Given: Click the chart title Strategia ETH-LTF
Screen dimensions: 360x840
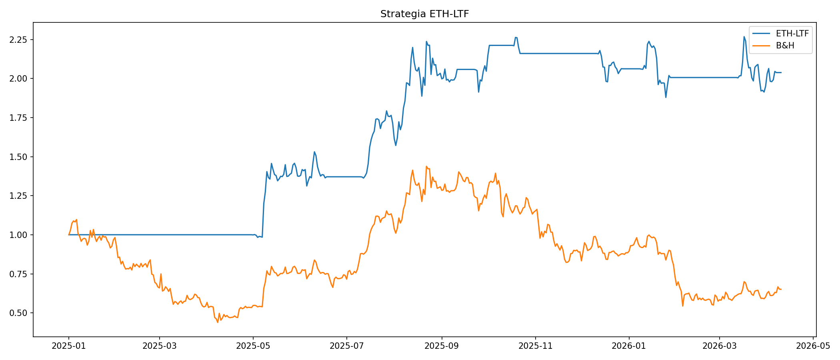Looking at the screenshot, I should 424,14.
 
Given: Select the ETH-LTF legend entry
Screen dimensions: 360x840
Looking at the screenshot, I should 792,34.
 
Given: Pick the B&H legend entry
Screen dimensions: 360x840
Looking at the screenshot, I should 785,46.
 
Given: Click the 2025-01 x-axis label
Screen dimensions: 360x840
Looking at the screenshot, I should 69,346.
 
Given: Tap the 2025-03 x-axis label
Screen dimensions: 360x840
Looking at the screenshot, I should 160,346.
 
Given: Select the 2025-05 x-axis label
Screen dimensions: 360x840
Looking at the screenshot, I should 253,346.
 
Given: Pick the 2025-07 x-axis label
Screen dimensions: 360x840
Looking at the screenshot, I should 346,346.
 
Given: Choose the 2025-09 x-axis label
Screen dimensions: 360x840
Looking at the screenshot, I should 442,346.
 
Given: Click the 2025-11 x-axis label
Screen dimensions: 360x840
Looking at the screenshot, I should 535,346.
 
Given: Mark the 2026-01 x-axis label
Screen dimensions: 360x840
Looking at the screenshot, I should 629,346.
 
